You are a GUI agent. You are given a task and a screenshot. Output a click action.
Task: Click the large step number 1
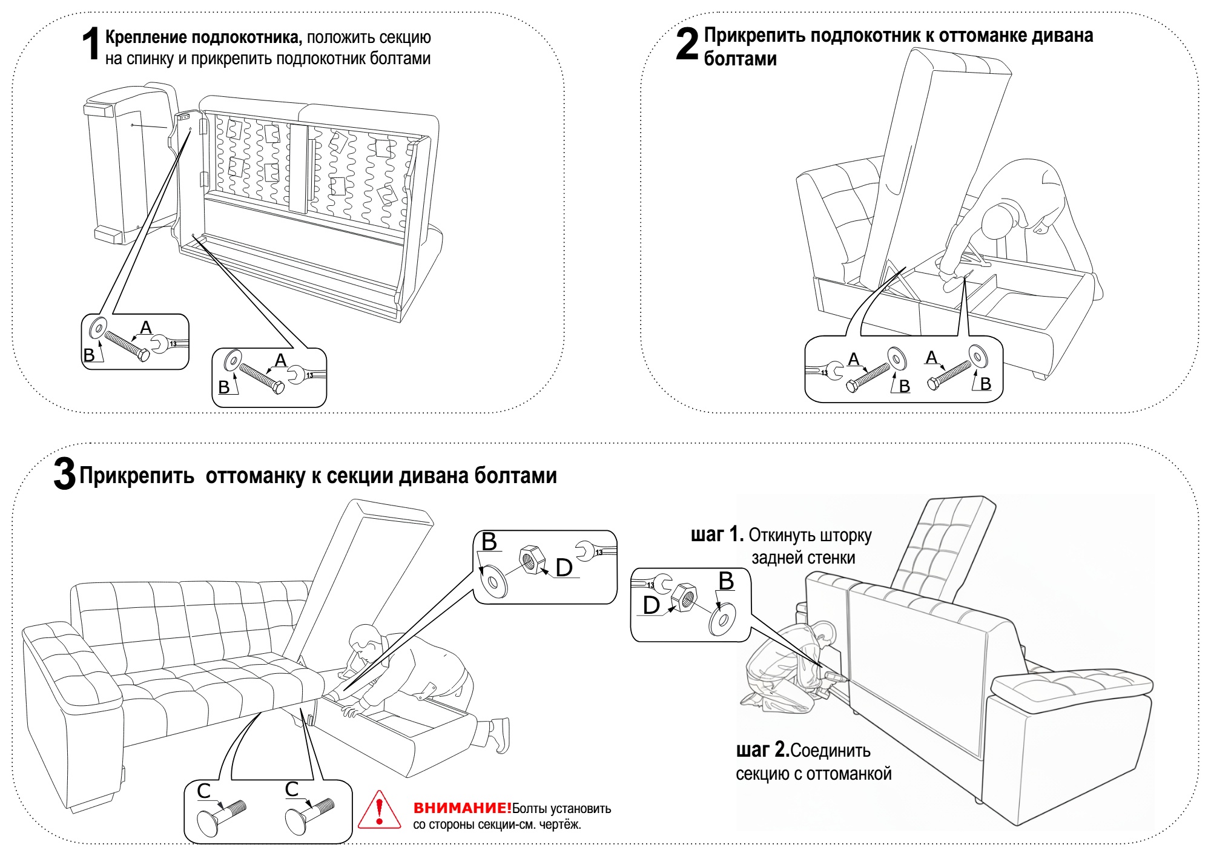pyautogui.click(x=91, y=44)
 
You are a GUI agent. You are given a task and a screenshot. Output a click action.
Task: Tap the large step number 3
pyautogui.click(x=65, y=474)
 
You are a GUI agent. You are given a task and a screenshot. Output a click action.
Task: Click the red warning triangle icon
pyautogui.click(x=379, y=811)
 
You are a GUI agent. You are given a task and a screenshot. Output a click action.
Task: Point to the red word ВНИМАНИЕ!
pyautogui.click(x=462, y=808)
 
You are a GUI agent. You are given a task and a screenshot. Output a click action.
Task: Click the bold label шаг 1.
pyautogui.click(x=717, y=535)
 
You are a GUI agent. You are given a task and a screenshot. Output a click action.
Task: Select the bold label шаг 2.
pyautogui.click(x=762, y=750)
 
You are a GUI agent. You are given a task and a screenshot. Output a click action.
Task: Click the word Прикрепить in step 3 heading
pyautogui.click(x=137, y=476)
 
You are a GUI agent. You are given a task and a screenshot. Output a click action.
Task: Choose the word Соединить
pyautogui.click(x=830, y=751)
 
